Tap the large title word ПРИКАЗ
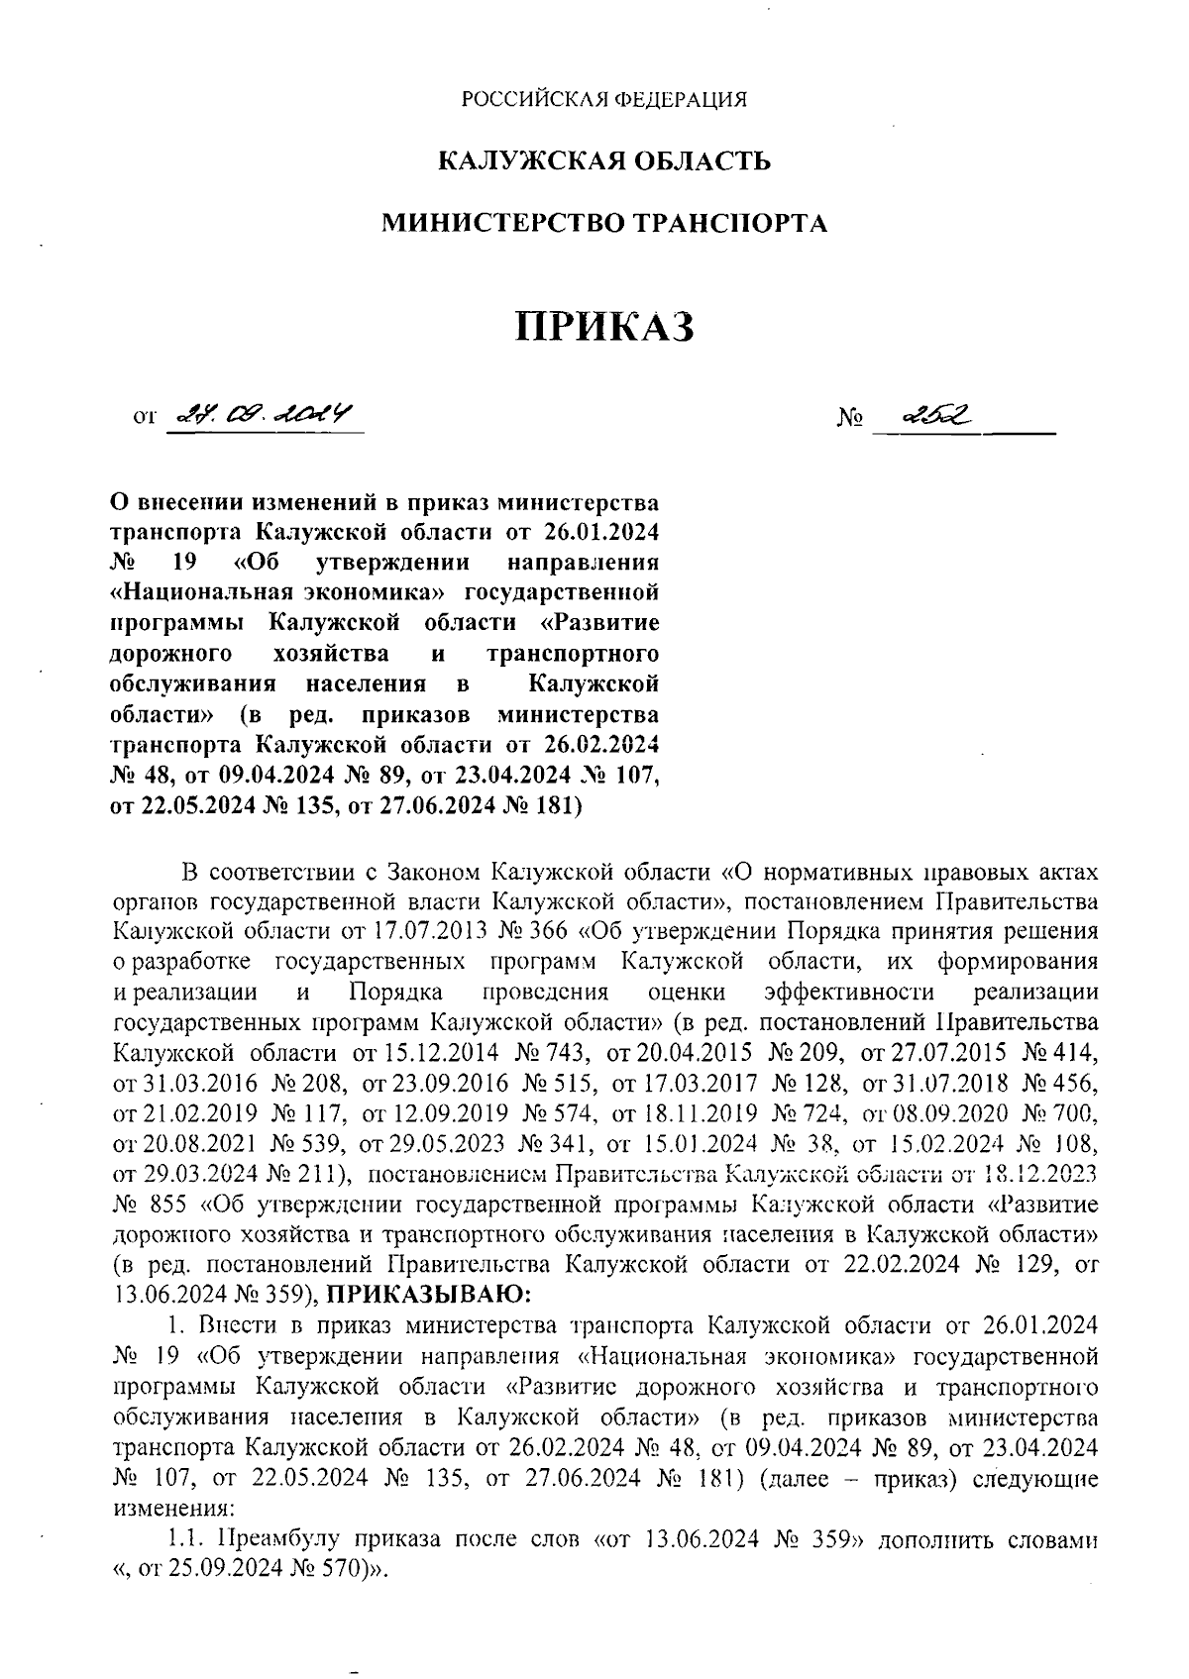pyautogui.click(x=603, y=326)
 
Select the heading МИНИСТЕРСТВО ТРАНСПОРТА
pyautogui.click(x=604, y=223)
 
